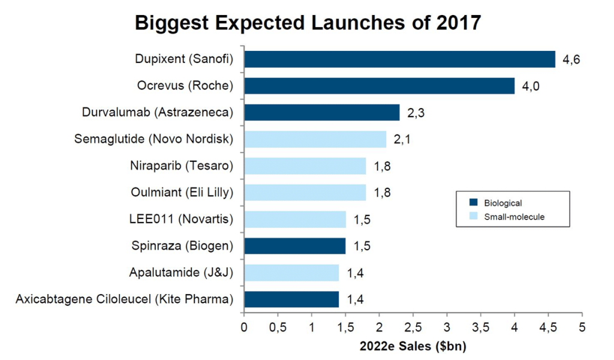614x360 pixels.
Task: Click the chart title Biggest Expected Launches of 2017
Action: [x=308, y=23]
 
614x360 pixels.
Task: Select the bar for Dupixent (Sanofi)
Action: [x=399, y=59]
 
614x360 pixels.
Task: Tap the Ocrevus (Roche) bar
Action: [x=379, y=85]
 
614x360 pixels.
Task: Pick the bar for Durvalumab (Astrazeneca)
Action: [x=321, y=112]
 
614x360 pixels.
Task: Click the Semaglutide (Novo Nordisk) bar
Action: [x=315, y=139]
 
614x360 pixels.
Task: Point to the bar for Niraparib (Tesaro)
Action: [x=305, y=166]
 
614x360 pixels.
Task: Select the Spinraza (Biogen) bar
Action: [x=294, y=245]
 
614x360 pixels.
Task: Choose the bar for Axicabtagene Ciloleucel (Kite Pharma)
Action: [x=291, y=299]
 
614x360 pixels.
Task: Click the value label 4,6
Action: [x=571, y=59]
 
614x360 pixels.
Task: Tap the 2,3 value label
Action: [x=416, y=113]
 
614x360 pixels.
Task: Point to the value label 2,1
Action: [x=402, y=140]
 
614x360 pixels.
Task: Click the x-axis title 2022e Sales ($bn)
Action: [x=413, y=346]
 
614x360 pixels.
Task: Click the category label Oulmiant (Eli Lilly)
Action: [x=181, y=193]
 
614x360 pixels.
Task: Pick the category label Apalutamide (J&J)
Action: [x=180, y=272]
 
